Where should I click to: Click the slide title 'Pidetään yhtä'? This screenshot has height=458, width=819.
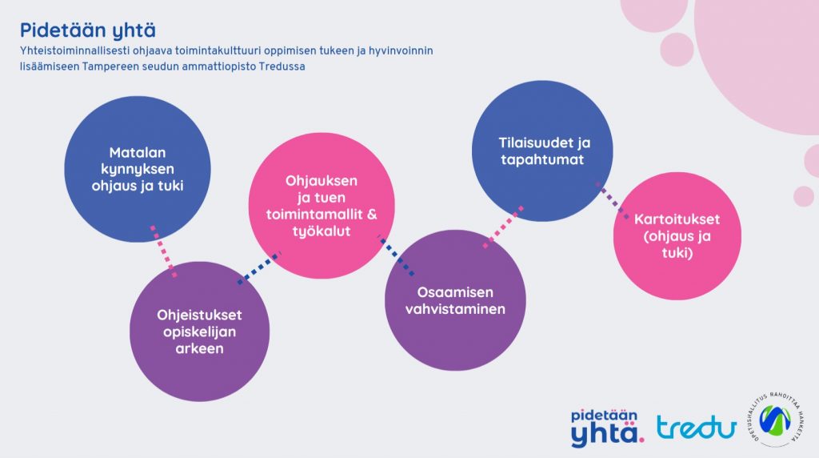pos(88,31)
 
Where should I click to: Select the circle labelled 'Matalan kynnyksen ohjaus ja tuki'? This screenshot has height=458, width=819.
pos(138,169)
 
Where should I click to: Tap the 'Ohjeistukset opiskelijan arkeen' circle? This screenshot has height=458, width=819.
pos(199,331)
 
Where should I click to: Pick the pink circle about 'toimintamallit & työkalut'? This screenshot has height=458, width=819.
pos(322,206)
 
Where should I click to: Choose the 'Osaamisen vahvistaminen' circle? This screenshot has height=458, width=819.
pos(455,300)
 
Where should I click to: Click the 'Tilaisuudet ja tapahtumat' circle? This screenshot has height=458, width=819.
pos(542,151)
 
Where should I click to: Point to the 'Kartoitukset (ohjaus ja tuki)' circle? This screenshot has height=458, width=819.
pos(677,235)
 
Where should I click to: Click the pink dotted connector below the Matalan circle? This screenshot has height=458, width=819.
pos(163,251)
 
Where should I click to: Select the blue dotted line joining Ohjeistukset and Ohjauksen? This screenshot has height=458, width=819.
pos(259,267)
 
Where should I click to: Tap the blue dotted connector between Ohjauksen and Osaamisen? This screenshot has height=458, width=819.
pos(397,255)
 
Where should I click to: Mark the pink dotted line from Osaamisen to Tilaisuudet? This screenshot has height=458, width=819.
pos(503,227)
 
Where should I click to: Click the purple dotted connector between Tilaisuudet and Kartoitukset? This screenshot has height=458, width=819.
pos(613,200)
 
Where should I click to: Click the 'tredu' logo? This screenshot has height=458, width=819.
pos(697,427)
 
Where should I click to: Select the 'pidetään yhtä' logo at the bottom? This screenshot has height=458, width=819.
pos(607,428)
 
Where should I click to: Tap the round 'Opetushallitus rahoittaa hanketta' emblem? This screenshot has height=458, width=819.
pos(775,420)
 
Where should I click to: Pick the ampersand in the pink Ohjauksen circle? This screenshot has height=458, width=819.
pos(371,215)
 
